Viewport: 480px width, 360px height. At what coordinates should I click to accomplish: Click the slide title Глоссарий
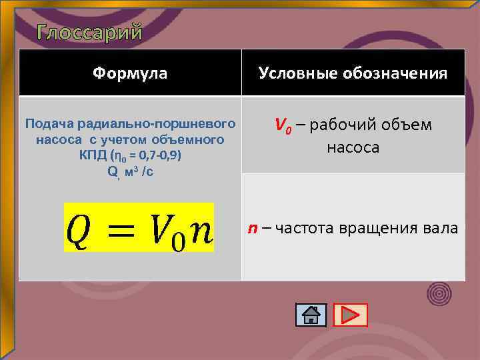click(90, 31)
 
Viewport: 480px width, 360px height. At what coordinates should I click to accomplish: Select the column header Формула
click(130, 73)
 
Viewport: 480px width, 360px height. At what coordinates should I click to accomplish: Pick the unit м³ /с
click(139, 171)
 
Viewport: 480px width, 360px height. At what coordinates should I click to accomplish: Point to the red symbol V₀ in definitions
click(283, 125)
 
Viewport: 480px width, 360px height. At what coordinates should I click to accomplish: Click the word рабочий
click(341, 125)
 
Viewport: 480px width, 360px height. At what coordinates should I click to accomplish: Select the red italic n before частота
click(253, 229)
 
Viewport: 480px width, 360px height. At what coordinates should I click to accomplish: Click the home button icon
click(311, 315)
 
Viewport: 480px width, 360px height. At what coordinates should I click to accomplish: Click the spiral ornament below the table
click(439, 292)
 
